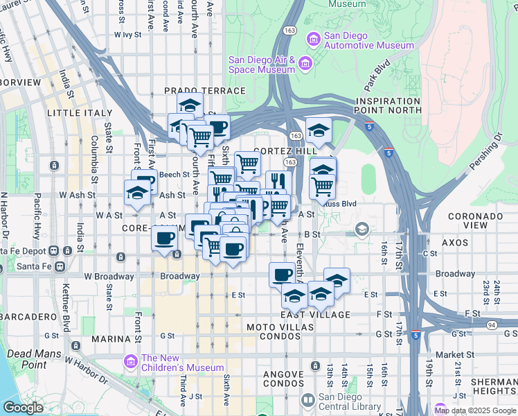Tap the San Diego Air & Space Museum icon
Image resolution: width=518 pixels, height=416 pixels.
[x=305, y=64]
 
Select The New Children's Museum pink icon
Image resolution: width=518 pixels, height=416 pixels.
[x=129, y=361]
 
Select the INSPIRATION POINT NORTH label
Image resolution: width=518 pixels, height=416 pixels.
[x=388, y=105]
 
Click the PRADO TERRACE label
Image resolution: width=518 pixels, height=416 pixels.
[x=205, y=91]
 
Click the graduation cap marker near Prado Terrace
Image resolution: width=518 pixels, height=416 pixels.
[x=189, y=106]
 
